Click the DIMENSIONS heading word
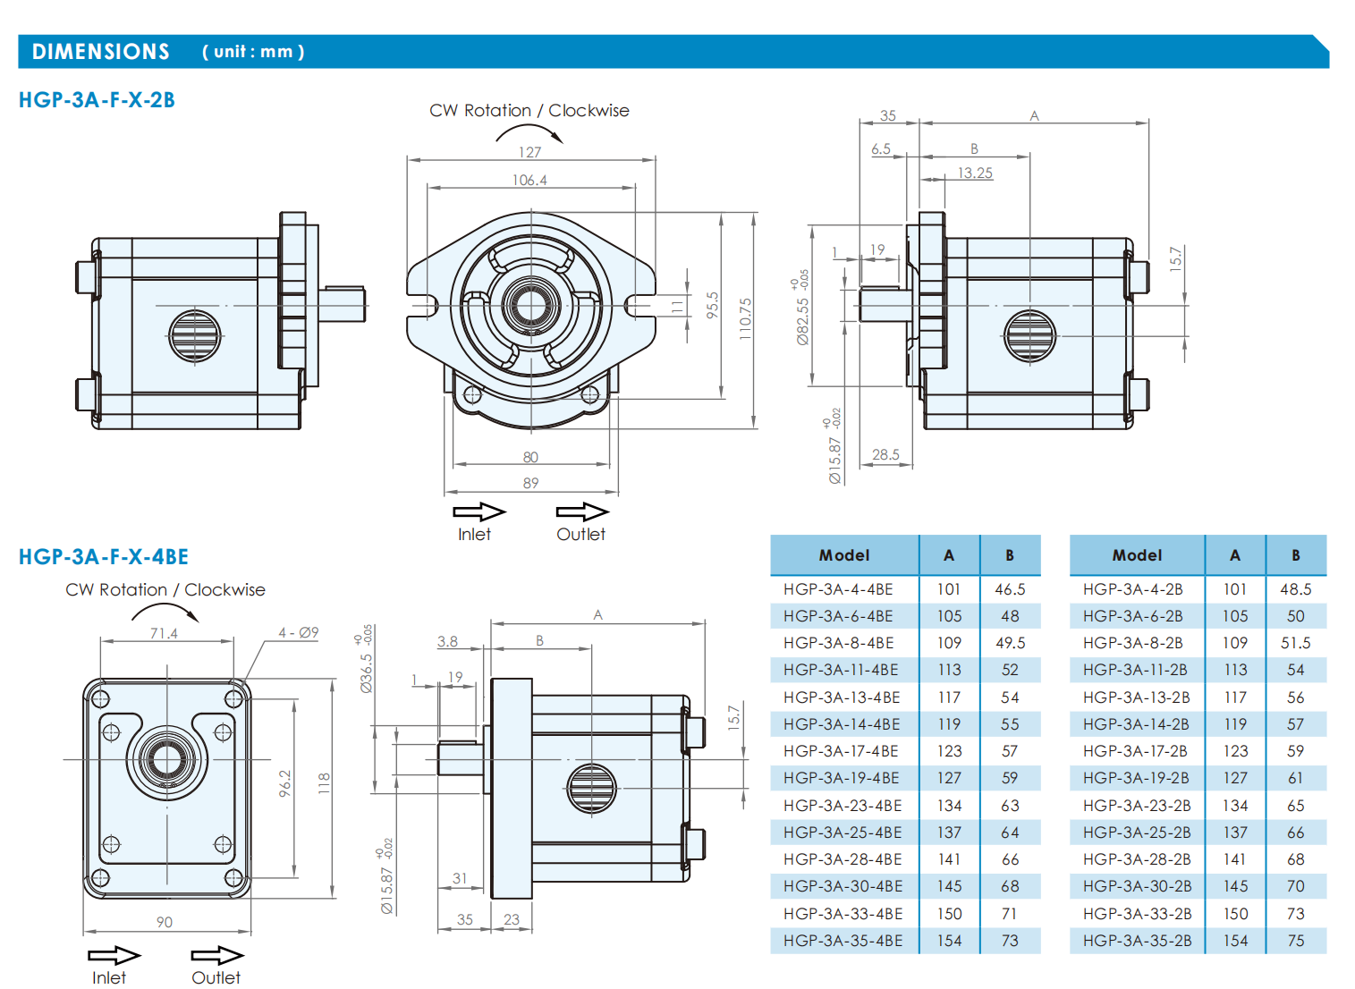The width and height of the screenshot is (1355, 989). (x=101, y=51)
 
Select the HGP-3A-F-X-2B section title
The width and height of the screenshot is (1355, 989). (x=97, y=100)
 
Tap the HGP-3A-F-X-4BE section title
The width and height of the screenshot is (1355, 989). (x=104, y=556)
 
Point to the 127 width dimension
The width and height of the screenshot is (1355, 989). (x=529, y=152)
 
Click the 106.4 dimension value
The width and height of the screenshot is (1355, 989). (x=529, y=181)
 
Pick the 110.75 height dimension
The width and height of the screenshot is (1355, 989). (x=745, y=318)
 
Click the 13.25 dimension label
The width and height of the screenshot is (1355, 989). (x=975, y=173)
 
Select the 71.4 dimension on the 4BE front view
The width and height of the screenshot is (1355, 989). (x=164, y=633)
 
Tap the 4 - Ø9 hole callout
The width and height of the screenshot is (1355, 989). (x=298, y=633)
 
